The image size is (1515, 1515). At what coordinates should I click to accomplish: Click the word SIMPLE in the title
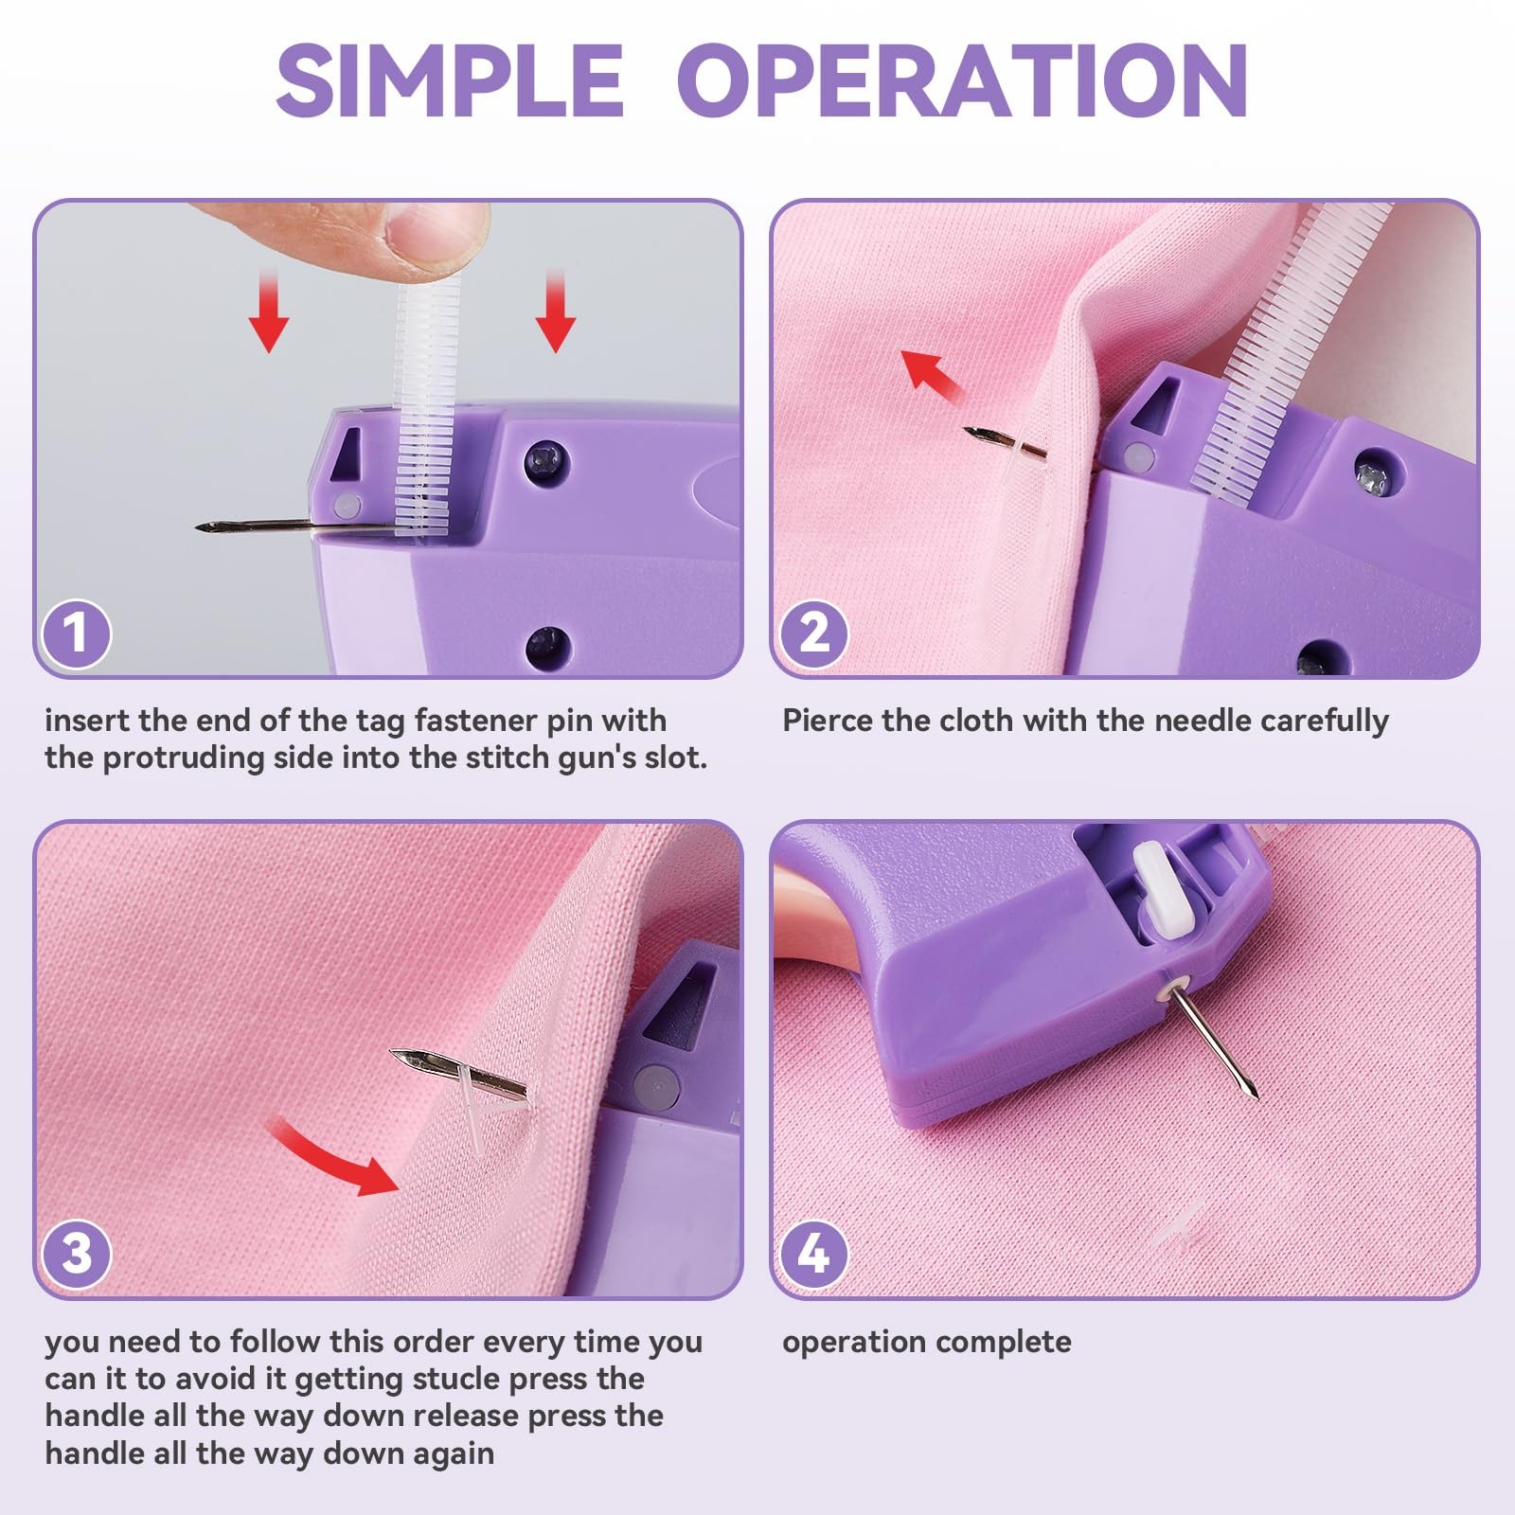[450, 80]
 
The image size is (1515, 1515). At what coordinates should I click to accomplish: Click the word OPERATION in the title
[963, 80]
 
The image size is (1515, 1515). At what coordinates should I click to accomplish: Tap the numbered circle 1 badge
[76, 633]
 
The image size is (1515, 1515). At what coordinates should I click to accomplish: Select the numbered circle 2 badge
[813, 633]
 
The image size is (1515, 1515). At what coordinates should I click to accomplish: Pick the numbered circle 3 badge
[76, 1254]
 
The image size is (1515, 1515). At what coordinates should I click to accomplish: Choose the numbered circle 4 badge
[813, 1254]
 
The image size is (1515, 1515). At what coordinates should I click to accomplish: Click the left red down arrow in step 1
[269, 312]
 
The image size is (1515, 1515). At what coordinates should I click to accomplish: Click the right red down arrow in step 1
[555, 312]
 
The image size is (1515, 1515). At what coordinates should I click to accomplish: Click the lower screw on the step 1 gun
[547, 645]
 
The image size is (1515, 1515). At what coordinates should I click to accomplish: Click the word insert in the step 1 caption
[87, 721]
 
